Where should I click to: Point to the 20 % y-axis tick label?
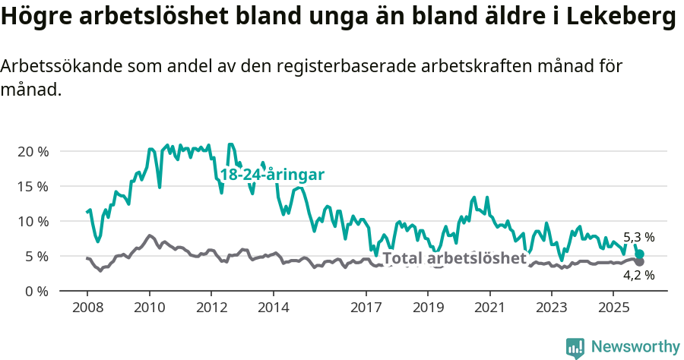(x=33, y=151)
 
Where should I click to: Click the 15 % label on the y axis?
(x=33, y=186)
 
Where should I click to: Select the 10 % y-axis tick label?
(x=33, y=221)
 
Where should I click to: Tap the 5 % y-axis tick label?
(x=36, y=256)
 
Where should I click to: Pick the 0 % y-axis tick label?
(x=36, y=291)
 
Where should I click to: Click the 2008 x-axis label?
(x=87, y=308)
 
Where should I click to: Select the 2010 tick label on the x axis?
(x=149, y=308)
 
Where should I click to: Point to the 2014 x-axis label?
(x=273, y=308)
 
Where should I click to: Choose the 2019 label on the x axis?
(x=428, y=308)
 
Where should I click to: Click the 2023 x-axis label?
(x=552, y=308)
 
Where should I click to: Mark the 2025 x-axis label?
(x=613, y=308)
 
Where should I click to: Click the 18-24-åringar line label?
(x=272, y=175)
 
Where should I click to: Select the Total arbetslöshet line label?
(x=454, y=258)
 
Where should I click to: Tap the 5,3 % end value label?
(x=638, y=237)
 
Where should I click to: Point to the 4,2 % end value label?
(x=638, y=275)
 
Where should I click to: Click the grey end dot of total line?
(x=640, y=262)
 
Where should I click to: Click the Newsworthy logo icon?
(x=575, y=347)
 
